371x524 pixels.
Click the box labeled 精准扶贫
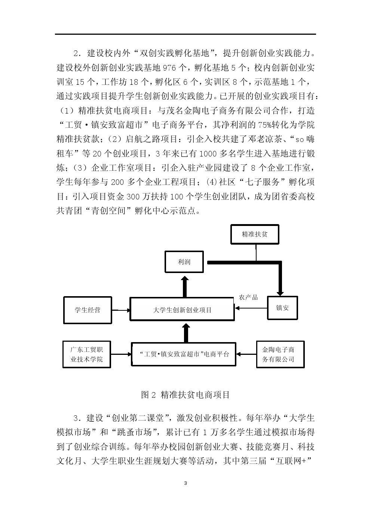click(255, 235)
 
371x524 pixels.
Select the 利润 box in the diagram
click(184, 262)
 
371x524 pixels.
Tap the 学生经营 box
click(88, 310)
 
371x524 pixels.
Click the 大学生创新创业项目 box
click(182, 309)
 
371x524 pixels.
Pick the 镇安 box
click(282, 308)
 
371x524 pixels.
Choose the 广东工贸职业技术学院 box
click(87, 354)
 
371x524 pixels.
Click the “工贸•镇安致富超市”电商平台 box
click(184, 354)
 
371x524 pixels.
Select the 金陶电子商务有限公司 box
click(280, 354)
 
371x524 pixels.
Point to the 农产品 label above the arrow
click(248, 297)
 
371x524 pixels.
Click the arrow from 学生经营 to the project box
click(121, 310)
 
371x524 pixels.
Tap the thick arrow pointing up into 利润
click(185, 286)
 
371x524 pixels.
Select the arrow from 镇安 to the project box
click(251, 308)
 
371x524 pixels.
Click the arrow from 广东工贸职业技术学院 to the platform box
click(121, 354)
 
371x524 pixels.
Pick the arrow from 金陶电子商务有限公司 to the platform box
click(246, 354)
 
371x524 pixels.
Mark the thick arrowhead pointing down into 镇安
click(280, 293)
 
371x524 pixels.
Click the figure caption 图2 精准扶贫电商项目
click(185, 395)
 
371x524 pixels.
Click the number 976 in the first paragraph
click(169, 68)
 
